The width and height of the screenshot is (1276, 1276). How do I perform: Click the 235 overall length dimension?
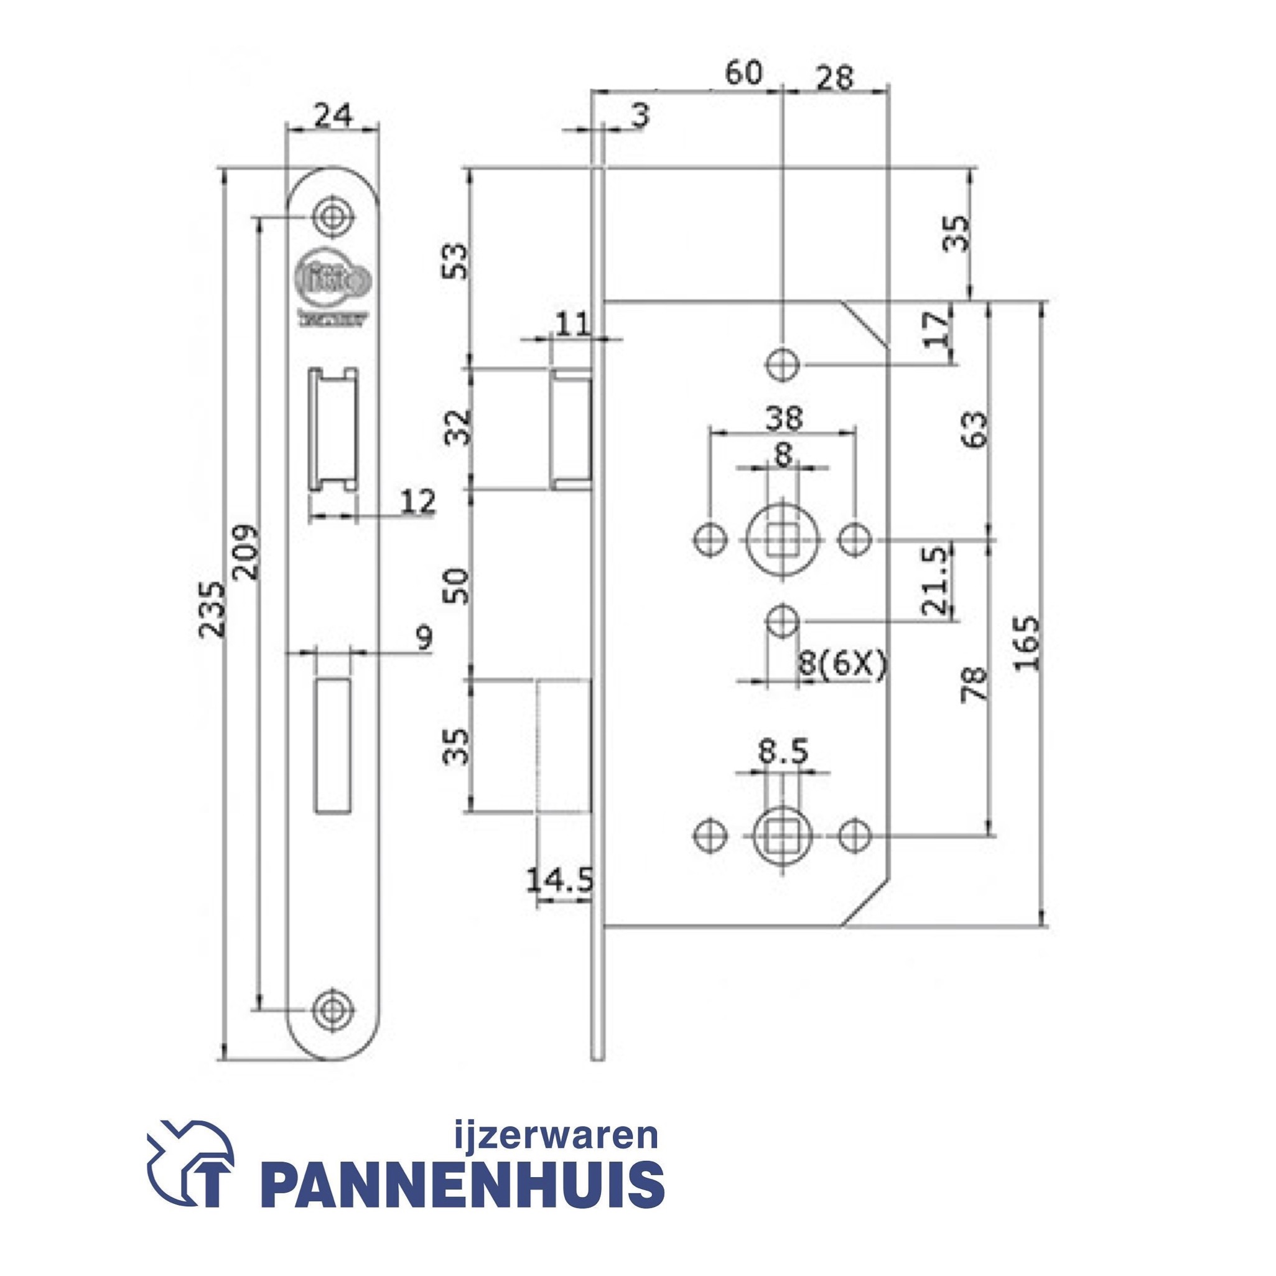212,609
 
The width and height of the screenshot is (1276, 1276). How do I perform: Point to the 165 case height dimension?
1027,643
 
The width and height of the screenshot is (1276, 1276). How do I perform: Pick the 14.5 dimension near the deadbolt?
560,880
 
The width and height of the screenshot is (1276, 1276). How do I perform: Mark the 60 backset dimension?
743,74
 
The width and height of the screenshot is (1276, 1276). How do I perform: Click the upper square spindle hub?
783,540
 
